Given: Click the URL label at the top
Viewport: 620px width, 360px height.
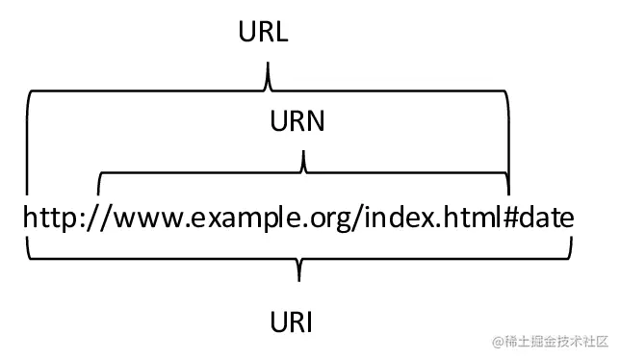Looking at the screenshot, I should coord(264,33).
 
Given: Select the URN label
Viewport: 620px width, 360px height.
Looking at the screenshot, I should coord(297,122).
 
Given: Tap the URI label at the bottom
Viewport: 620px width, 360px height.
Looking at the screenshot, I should coord(293,321).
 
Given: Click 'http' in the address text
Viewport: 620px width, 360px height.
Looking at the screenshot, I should coord(50,218).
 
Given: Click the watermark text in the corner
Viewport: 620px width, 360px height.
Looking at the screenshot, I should coord(550,342).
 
